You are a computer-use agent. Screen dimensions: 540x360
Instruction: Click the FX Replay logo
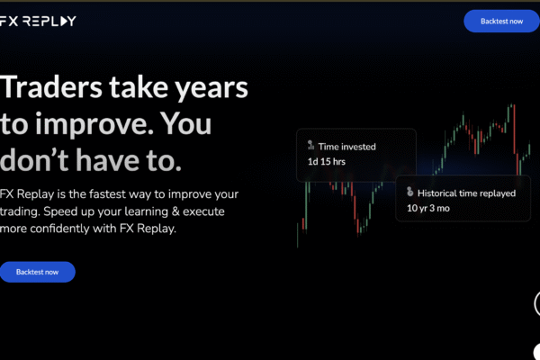(x=38, y=21)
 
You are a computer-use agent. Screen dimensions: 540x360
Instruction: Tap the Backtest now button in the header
(x=501, y=22)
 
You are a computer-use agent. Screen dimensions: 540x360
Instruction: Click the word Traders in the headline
(x=51, y=86)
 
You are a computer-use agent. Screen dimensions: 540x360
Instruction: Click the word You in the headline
(x=186, y=123)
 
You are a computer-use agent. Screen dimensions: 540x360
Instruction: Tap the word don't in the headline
(x=34, y=159)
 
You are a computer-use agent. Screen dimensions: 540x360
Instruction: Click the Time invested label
(x=347, y=147)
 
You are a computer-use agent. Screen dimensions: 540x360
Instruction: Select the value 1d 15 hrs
(x=327, y=162)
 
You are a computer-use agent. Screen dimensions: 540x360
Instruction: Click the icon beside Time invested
(x=310, y=145)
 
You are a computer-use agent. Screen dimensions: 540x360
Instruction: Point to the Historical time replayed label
(x=466, y=193)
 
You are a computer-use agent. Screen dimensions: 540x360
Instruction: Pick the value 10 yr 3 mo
(x=428, y=208)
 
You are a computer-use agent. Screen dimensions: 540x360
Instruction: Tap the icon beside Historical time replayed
(x=409, y=192)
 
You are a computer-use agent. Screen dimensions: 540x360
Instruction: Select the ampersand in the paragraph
(x=175, y=211)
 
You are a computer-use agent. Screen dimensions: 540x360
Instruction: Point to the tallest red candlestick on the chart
(x=514, y=130)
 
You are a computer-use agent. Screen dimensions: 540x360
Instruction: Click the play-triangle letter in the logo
(x=64, y=21)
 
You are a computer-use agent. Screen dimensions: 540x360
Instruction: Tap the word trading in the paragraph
(x=19, y=211)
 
